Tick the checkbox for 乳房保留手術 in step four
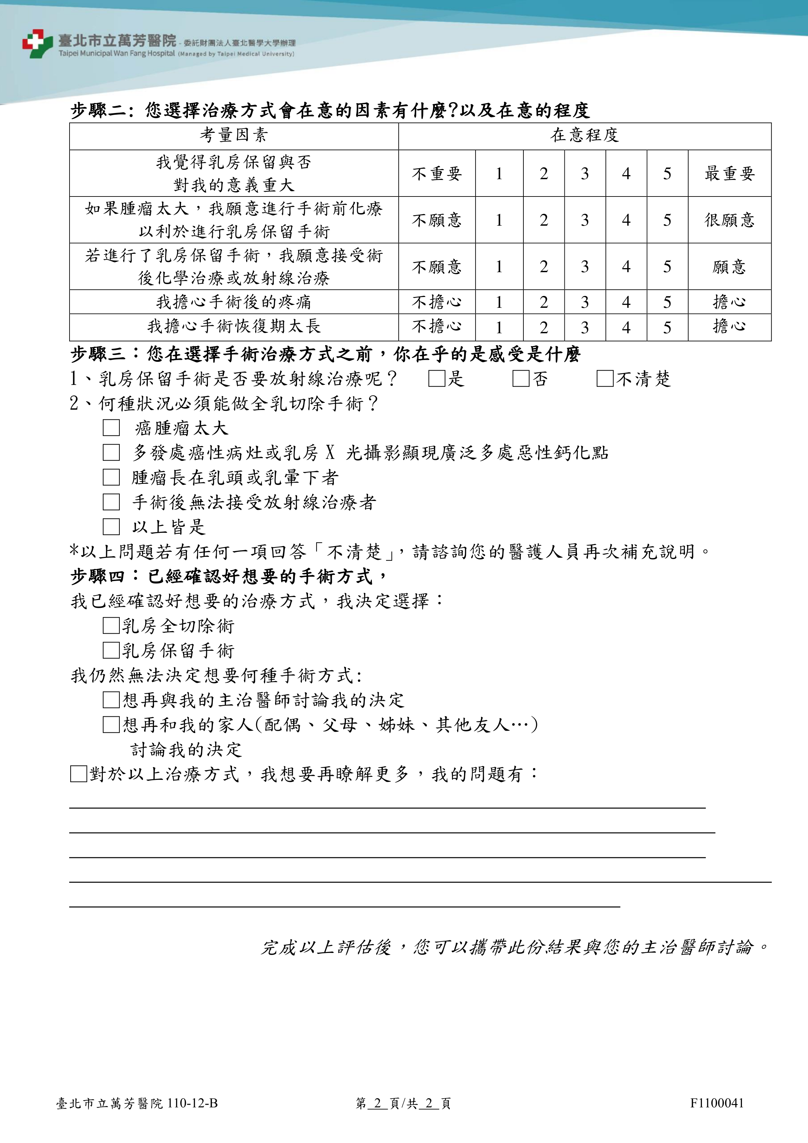111,650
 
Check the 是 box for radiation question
436,379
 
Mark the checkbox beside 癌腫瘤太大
111,428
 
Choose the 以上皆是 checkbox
111,527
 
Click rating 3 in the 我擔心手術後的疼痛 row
584,302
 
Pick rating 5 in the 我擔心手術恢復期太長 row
667,327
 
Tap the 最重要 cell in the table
729,173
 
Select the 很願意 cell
729,220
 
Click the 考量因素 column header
234,135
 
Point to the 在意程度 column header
584,135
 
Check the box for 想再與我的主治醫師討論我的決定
111,700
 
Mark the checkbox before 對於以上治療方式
79,774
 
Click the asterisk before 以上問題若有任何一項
74,550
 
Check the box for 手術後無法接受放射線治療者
111,502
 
